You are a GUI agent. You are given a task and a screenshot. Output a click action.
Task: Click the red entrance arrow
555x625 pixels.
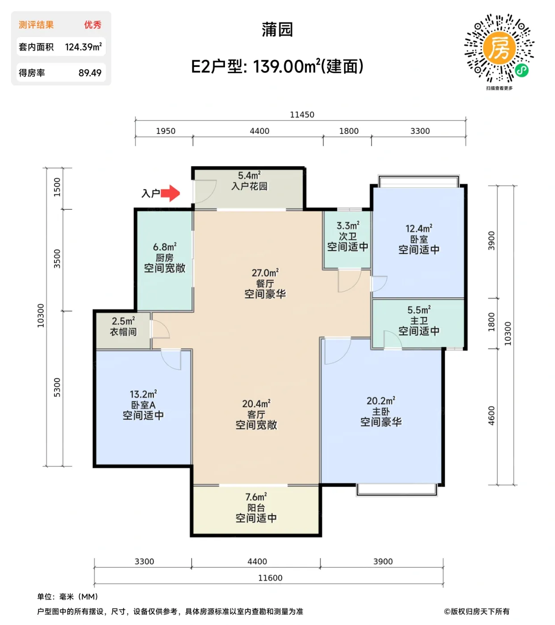pos(170,193)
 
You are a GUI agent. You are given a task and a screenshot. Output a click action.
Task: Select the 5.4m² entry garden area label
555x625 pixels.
pos(249,176)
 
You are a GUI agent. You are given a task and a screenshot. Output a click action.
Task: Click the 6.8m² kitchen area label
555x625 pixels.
pos(164,247)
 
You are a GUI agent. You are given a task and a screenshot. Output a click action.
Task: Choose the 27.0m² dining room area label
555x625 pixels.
pos(265,273)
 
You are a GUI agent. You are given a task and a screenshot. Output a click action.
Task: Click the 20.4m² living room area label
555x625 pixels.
pos(256,404)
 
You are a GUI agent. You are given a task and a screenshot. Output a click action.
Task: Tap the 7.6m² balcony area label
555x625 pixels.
pos(256,497)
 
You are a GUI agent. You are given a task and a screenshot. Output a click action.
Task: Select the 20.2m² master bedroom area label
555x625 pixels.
pos(381,401)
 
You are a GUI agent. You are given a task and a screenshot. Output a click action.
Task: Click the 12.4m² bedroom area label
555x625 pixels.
pos(419,229)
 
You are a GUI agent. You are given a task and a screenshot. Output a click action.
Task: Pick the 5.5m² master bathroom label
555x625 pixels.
pos(419,310)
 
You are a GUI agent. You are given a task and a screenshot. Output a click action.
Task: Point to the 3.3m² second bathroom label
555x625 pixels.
pos(347,226)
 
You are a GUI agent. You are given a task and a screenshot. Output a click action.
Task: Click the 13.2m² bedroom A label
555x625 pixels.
pos(143,395)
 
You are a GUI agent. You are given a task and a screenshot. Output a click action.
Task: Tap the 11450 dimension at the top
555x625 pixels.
pos(302,115)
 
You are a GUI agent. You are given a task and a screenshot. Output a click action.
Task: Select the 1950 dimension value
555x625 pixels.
pos(166,131)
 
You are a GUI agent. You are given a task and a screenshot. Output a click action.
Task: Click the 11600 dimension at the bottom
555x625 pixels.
pos(270,578)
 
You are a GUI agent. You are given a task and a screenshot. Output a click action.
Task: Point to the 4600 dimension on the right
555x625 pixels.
pos(492,416)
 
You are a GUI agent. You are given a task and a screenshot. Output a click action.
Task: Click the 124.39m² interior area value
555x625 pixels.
pos(83,47)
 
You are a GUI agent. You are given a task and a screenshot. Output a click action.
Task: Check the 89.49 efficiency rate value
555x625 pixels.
pos(90,73)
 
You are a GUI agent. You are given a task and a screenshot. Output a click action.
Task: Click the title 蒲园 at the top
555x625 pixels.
pos(277,30)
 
